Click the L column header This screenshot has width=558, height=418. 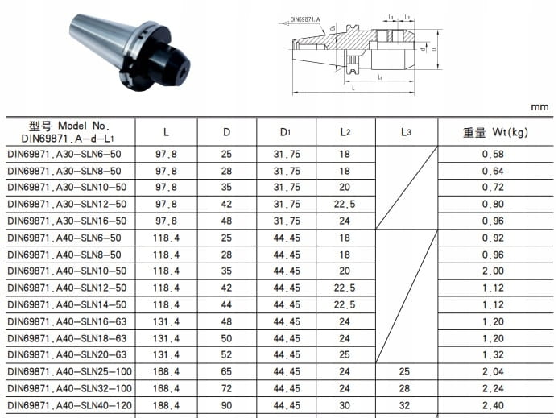(166, 132)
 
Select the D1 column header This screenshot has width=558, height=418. (285, 132)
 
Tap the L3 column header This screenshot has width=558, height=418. (406, 132)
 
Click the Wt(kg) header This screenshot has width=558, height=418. (510, 132)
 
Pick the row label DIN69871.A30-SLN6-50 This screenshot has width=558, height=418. (64, 154)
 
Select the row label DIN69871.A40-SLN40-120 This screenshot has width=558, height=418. (69, 405)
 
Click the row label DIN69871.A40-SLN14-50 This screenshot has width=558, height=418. (67, 304)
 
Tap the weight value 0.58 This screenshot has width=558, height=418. (493, 154)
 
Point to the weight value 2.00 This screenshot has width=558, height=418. (493, 271)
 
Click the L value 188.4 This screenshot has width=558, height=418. (166, 405)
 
